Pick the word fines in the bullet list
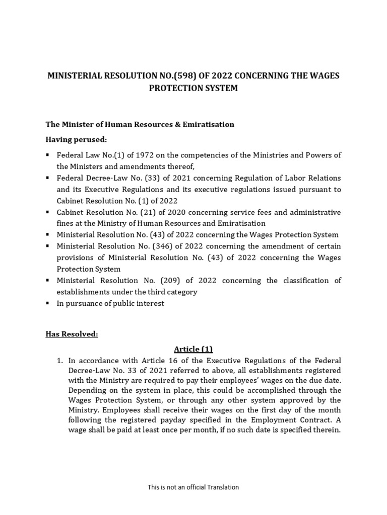[66, 223]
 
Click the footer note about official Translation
[193, 487]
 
